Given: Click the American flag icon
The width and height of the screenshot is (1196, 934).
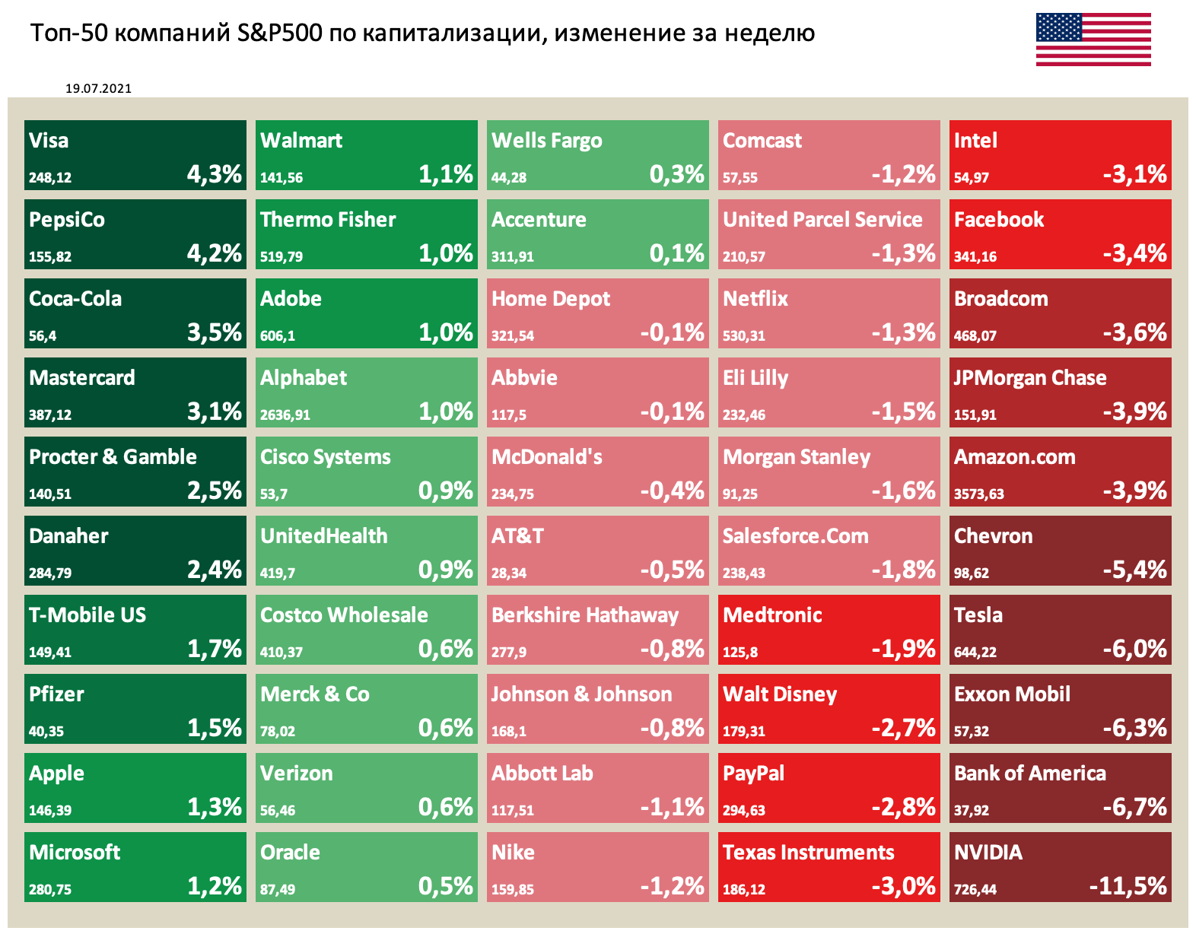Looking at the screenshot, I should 1093,40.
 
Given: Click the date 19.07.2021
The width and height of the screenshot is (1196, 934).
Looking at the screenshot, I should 98,88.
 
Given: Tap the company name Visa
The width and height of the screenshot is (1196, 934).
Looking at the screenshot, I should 49,141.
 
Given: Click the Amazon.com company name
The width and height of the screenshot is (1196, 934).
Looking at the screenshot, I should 1014,457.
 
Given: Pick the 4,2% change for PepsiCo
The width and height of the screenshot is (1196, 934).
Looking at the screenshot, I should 215,253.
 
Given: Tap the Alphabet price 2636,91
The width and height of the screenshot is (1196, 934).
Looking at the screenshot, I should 285,415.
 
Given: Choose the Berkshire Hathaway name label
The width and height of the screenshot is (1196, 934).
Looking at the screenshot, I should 584,615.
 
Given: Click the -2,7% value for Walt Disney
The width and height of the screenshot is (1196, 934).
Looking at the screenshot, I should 903,728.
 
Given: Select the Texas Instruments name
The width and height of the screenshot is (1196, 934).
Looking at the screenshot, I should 808,853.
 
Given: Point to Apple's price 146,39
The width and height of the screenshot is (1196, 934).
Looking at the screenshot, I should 50,810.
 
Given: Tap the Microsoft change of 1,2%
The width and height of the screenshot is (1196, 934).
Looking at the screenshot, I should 215,886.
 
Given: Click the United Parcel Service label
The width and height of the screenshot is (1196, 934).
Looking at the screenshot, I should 822,220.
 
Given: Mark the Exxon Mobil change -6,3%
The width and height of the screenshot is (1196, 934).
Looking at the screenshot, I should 1134,728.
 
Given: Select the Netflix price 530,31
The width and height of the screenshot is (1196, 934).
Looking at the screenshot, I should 744,335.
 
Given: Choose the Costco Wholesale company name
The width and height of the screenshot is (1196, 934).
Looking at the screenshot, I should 344,615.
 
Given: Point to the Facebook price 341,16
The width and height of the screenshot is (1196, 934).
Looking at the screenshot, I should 975,256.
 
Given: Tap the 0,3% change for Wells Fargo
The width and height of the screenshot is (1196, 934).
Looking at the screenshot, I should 676,174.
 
